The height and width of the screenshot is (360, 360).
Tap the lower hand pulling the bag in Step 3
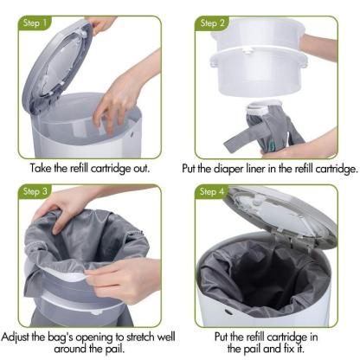click(130, 277)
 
